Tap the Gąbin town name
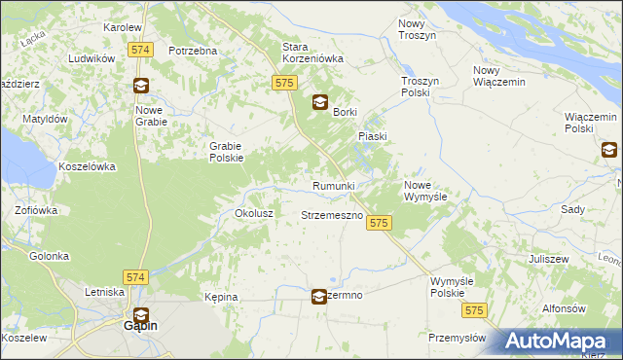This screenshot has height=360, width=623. [x=141, y=327]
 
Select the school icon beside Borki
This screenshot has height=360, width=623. [x=319, y=103]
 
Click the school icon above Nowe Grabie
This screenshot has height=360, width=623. [x=141, y=85]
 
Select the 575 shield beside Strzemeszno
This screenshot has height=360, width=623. [x=380, y=224]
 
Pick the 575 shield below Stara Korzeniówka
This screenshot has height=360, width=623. [x=284, y=84]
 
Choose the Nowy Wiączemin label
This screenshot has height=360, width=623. [x=498, y=76]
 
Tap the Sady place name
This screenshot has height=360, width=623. [x=572, y=209]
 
